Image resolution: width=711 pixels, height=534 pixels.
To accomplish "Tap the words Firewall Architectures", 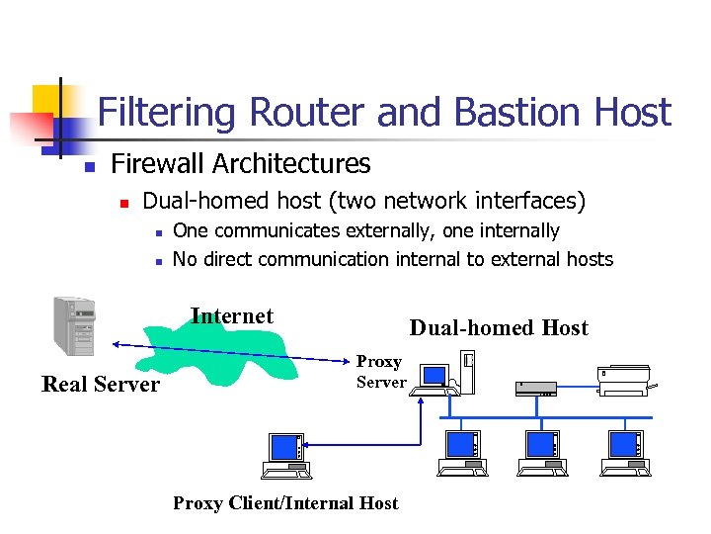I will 241,163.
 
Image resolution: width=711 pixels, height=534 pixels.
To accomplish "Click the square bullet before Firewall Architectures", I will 87,165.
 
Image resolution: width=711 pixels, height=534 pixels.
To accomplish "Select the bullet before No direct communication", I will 156,261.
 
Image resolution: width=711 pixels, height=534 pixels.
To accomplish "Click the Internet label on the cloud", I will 232,316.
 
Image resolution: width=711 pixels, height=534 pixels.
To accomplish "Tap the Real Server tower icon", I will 75,325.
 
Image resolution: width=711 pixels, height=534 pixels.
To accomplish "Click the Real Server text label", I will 101,385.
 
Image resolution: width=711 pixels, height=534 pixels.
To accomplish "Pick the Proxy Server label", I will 380,372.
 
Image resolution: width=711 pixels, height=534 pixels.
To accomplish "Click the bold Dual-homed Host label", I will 499,328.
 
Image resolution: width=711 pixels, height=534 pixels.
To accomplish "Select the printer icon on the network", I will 624,380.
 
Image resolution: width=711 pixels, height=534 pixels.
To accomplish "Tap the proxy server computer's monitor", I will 434,376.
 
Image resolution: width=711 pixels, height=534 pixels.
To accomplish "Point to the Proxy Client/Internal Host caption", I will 285,503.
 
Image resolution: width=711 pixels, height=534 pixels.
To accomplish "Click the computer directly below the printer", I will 627,452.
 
